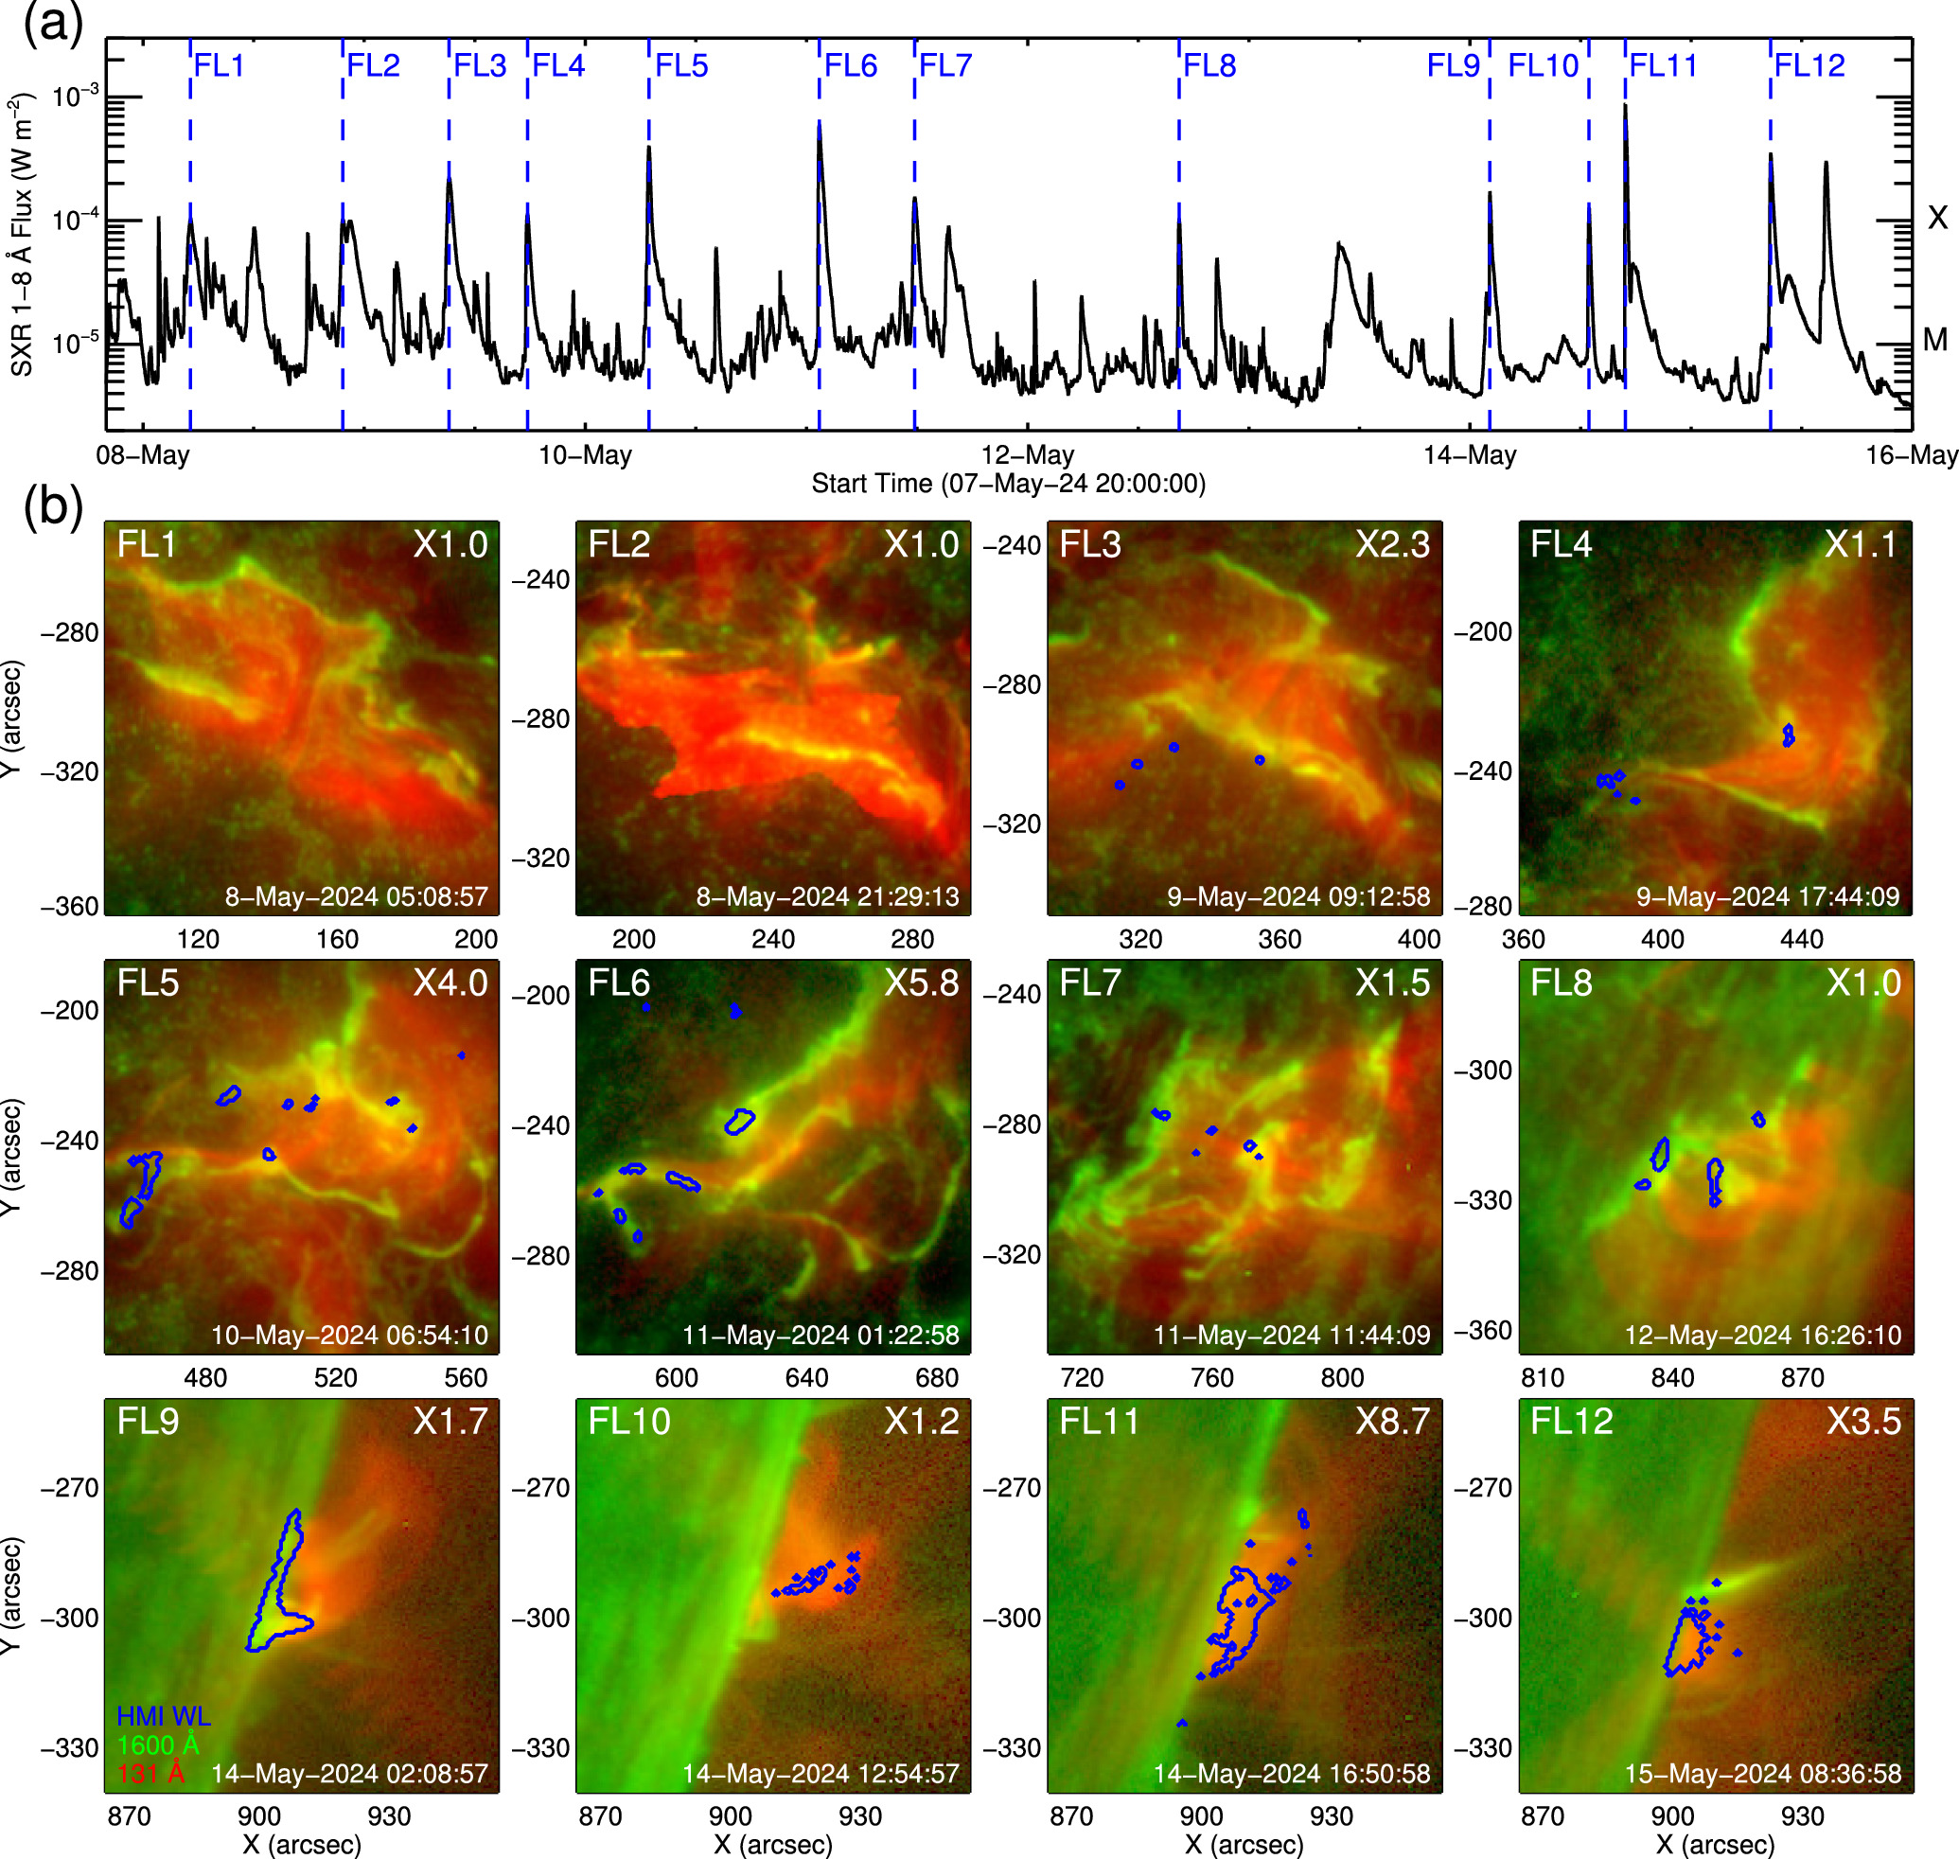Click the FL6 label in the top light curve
point(850,65)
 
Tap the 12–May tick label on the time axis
point(1028,455)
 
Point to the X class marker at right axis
point(1937,218)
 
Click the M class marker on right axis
point(1935,340)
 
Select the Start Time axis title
point(1008,484)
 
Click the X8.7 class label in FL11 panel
point(1392,1421)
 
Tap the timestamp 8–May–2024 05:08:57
point(356,896)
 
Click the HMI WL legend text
point(164,1716)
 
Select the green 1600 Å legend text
point(159,1745)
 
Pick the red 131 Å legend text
point(150,1774)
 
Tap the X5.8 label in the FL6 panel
point(922,983)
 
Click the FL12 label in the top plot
point(1809,65)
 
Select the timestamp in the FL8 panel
point(1763,1335)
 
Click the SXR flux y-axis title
point(22,235)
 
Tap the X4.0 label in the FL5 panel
point(450,983)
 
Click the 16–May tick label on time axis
point(1912,455)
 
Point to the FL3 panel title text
point(1090,544)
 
